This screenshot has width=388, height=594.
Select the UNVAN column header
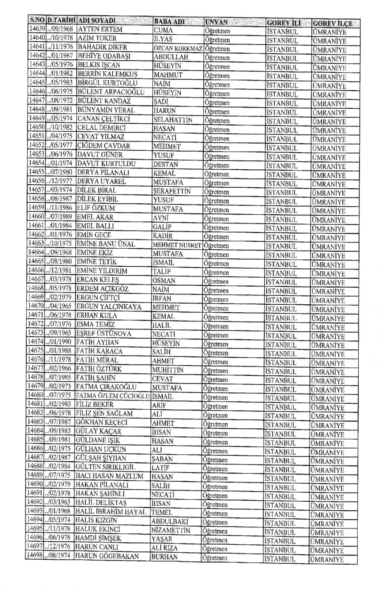point(217,22)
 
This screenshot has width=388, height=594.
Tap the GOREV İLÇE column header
point(332,23)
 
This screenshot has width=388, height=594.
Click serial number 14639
point(37,29)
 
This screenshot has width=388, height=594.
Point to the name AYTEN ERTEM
point(100,29)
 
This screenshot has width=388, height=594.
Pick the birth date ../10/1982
point(61,128)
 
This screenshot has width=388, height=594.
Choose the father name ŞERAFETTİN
point(172,191)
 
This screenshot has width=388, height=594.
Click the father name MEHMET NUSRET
point(177,245)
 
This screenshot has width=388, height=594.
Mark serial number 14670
point(36,306)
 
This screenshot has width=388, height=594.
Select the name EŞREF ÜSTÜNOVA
point(103,333)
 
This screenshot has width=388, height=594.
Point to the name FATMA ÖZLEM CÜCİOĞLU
point(113,396)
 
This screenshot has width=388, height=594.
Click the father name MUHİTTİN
point(168,370)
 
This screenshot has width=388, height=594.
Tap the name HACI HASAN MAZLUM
point(109,476)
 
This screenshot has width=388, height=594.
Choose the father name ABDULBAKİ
point(170,521)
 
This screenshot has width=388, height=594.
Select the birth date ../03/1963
point(59,502)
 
